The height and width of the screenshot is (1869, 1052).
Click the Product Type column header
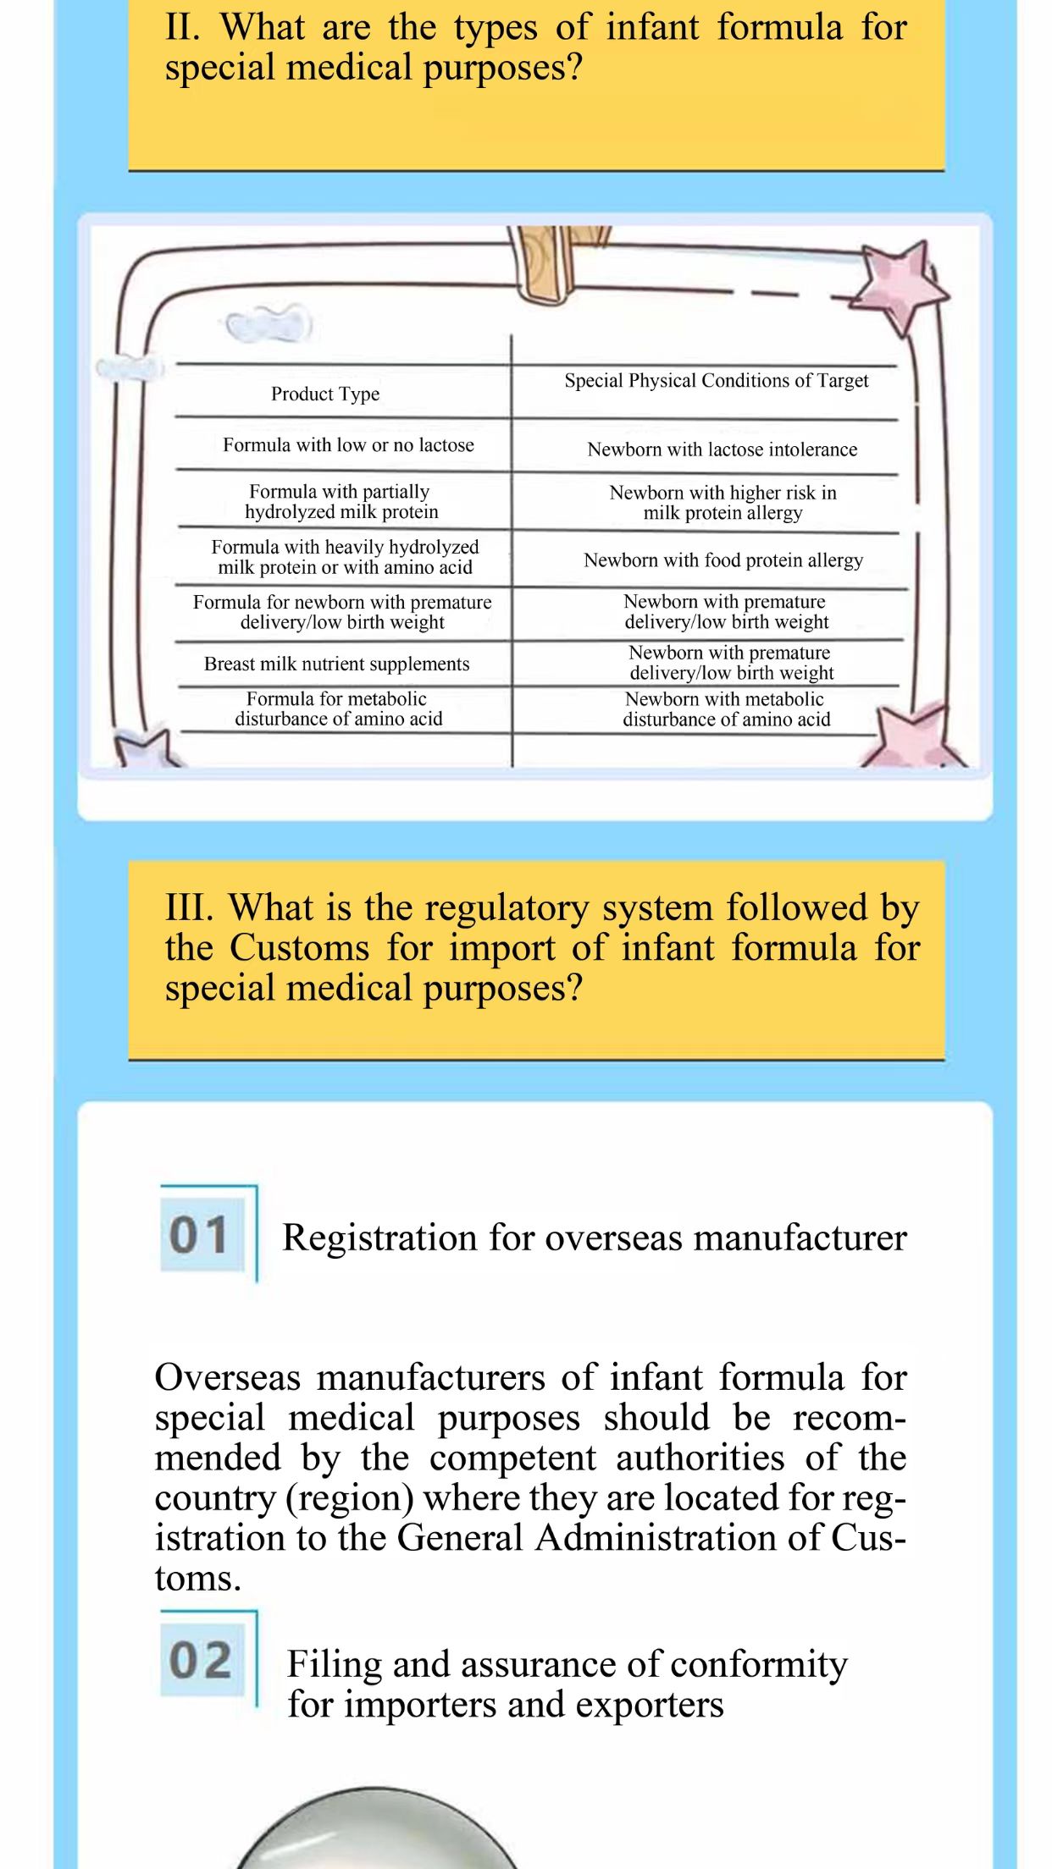pyautogui.click(x=325, y=394)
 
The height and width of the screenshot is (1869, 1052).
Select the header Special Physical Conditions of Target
pyautogui.click(x=717, y=381)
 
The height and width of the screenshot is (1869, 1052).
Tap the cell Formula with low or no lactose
pyautogui.click(x=348, y=445)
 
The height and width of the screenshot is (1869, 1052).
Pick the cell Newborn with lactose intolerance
pyautogui.click(x=723, y=449)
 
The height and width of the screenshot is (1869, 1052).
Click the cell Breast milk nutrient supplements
pyautogui.click(x=336, y=664)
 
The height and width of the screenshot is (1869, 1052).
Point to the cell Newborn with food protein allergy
pyautogui.click(x=723, y=560)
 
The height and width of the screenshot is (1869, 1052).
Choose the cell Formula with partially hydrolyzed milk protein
pyautogui.click(x=341, y=502)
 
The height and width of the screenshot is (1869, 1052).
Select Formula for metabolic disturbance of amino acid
pyautogui.click(x=338, y=708)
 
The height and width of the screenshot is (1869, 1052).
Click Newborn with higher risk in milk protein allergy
pyautogui.click(x=723, y=503)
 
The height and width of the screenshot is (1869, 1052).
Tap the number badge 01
pyautogui.click(x=200, y=1235)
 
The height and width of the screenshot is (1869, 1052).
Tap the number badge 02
pyautogui.click(x=201, y=1660)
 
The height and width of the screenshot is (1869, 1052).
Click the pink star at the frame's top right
pyautogui.click(x=900, y=285)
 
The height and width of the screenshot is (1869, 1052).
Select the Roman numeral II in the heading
pyautogui.click(x=182, y=28)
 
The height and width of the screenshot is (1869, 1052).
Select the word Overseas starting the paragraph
pyautogui.click(x=227, y=1378)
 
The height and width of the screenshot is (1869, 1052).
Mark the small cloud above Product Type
pyautogui.click(x=269, y=323)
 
